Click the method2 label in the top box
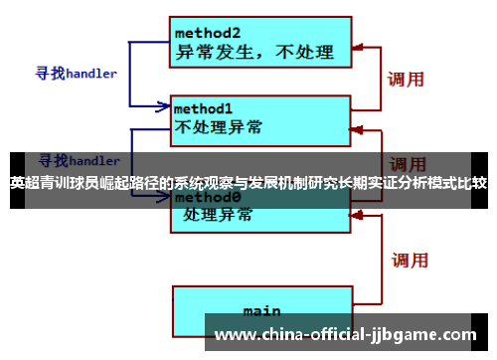208,32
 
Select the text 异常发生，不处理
254,51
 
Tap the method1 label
203,107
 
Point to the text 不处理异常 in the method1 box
219,126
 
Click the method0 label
204,197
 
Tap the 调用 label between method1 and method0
408,163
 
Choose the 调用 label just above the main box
409,261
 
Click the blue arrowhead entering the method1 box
165,105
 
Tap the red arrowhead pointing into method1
358,127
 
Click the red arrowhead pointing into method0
358,212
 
